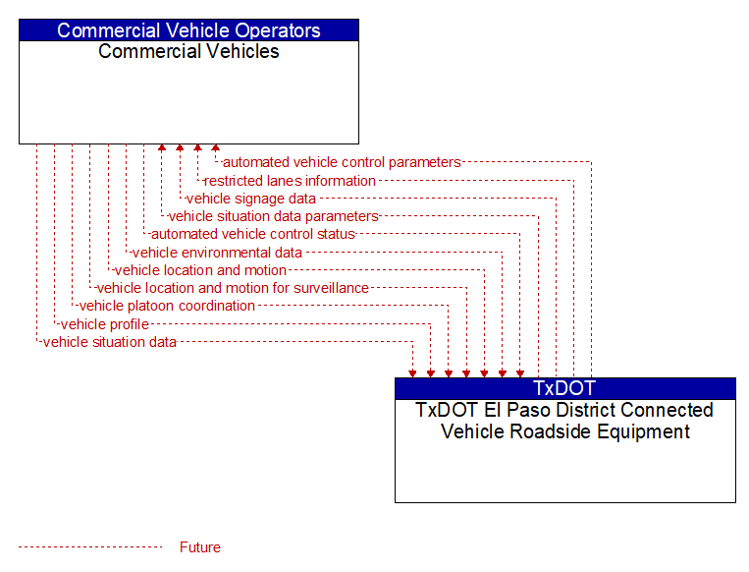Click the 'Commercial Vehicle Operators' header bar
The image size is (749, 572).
[x=188, y=30]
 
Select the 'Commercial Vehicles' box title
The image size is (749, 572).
[x=188, y=52]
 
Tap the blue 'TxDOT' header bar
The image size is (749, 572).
[x=565, y=388]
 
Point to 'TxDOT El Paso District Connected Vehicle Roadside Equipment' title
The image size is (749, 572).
[x=564, y=421]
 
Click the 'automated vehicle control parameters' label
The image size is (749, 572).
[x=342, y=162]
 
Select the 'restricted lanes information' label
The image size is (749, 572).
[x=290, y=181]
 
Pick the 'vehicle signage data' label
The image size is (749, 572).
[x=251, y=199]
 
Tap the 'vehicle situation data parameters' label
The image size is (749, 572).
[x=274, y=216]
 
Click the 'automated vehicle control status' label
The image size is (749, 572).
[x=253, y=234]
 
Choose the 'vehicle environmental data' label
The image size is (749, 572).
[x=217, y=252]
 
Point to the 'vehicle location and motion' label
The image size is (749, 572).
[x=200, y=270]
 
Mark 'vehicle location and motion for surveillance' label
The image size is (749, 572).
[x=233, y=288]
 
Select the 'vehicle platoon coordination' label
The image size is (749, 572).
[x=167, y=306]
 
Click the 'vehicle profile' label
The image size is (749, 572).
[x=105, y=324]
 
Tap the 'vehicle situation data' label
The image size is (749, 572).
[x=110, y=342]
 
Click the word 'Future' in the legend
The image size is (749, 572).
[x=200, y=547]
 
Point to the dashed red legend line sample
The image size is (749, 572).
[x=90, y=546]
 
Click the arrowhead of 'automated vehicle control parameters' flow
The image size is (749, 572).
[x=215, y=147]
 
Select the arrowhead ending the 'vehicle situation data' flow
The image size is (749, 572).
[x=412, y=373]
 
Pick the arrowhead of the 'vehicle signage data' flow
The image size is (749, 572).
[x=180, y=147]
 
